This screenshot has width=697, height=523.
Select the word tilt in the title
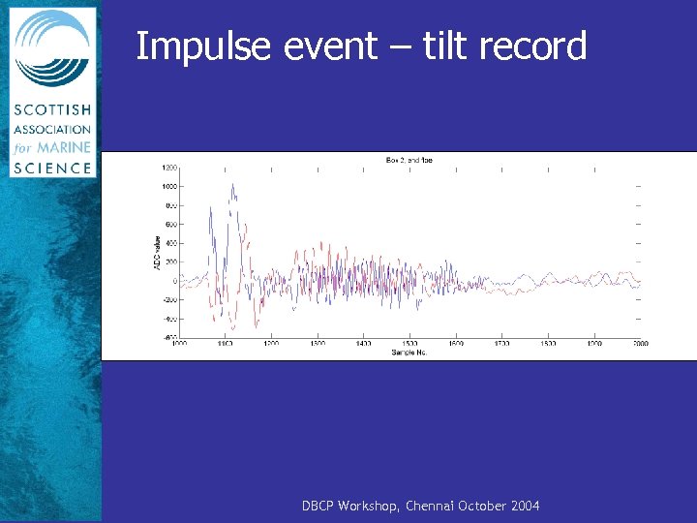[441, 46]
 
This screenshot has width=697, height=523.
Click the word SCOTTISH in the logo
[52, 112]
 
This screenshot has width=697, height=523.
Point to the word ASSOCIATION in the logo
[52, 130]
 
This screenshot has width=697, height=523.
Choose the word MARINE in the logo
[64, 147]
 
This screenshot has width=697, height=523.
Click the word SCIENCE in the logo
[52, 166]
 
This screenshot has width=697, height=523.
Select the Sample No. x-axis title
[409, 352]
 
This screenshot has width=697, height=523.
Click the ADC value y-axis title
[158, 254]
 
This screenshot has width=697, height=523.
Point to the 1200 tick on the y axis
[168, 168]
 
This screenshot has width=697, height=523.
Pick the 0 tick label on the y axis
[175, 281]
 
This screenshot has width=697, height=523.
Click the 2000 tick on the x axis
[640, 344]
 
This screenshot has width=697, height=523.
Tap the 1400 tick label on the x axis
[364, 344]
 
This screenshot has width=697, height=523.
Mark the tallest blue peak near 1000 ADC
[232, 185]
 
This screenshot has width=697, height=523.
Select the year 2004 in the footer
[523, 507]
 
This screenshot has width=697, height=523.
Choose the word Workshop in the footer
[371, 507]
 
